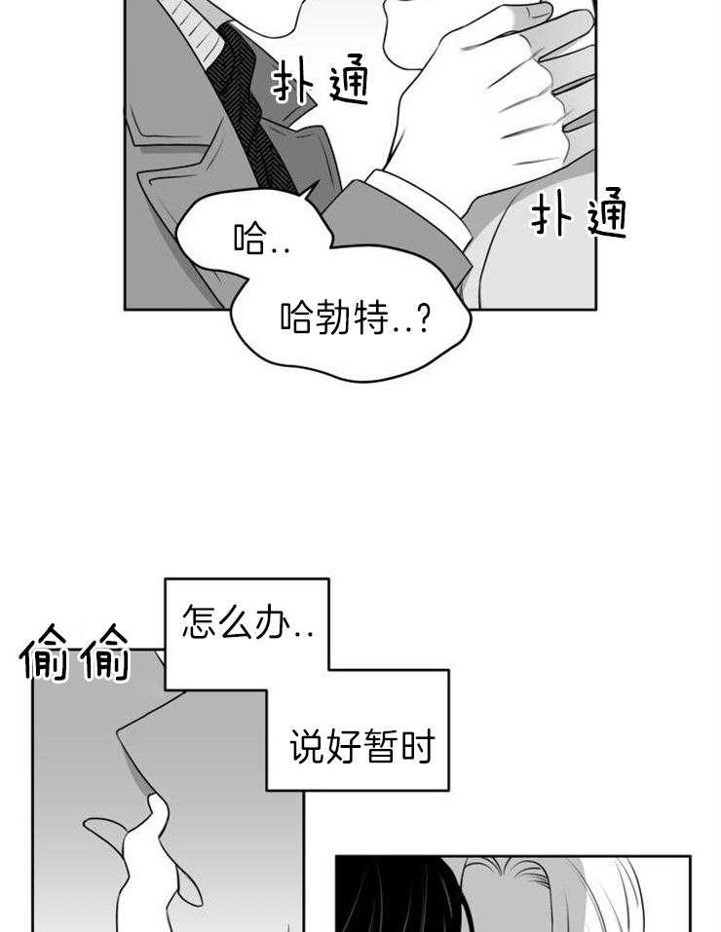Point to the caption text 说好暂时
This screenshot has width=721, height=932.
(x=361, y=748)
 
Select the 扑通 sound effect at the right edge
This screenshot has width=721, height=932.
(x=580, y=217)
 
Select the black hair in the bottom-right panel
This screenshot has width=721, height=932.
(x=390, y=896)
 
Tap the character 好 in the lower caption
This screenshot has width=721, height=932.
(x=343, y=748)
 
